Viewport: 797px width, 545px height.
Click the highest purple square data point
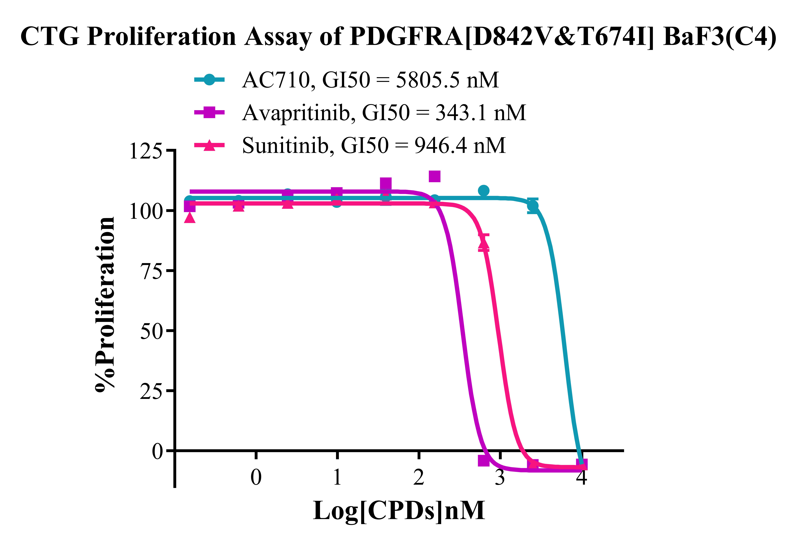click(435, 176)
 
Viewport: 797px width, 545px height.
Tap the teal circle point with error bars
click(533, 206)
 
